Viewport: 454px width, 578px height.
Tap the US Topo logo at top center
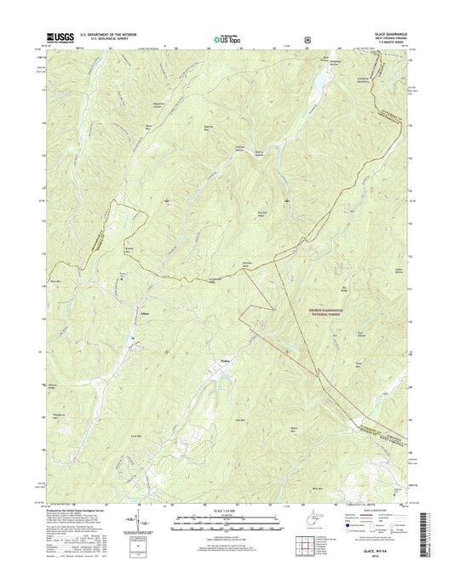tap(227, 37)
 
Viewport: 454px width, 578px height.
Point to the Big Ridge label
tap(368, 289)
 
